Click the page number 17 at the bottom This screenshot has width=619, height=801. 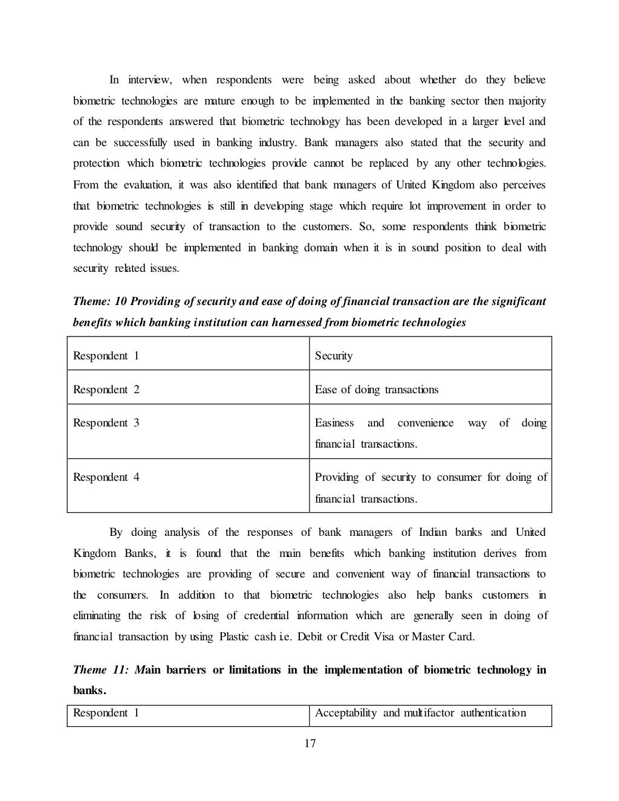coord(309,744)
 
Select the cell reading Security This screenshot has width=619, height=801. coord(333,356)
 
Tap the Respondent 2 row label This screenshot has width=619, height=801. coord(106,390)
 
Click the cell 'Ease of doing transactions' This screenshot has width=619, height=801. coord(376,390)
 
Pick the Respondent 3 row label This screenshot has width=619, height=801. coord(106,423)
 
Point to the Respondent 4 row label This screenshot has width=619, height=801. coord(106,477)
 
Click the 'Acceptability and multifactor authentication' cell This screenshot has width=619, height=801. coord(420,713)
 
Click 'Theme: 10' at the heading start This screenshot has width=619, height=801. coord(97,301)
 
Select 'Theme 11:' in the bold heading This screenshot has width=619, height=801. coord(99,670)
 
